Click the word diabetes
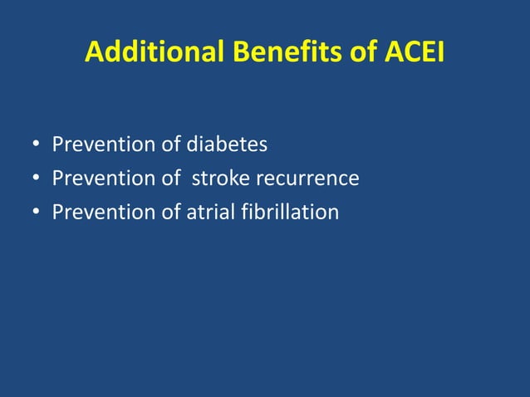pyautogui.click(x=227, y=145)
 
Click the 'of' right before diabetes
pyautogui.click(x=170, y=145)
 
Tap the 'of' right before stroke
pyautogui.click(x=170, y=179)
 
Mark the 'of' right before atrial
pyautogui.click(x=170, y=213)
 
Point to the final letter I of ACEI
pyautogui.click(x=439, y=53)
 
